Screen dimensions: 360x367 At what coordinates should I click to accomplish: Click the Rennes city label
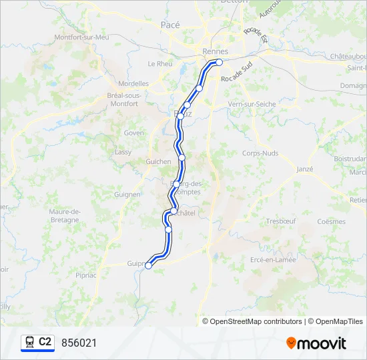pyautogui.click(x=215, y=51)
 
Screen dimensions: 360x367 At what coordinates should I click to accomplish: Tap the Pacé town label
pyautogui.click(x=170, y=24)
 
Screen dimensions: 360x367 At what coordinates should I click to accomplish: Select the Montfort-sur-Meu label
pyautogui.click(x=82, y=37)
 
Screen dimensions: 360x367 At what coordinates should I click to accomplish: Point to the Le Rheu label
pyautogui.click(x=159, y=64)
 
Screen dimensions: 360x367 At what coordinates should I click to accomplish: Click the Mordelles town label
pyautogui.click(x=133, y=84)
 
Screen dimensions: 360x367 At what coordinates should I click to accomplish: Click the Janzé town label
pyautogui.click(x=304, y=169)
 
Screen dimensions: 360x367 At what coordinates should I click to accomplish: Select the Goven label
pyautogui.click(x=133, y=133)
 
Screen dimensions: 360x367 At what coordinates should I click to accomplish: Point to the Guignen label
pyautogui.click(x=127, y=195)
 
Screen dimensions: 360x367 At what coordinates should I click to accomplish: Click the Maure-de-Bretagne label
pyautogui.click(x=65, y=215)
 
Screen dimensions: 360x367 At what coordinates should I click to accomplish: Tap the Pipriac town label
pyautogui.click(x=86, y=274)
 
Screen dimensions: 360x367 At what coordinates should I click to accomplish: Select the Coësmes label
pyautogui.click(x=332, y=221)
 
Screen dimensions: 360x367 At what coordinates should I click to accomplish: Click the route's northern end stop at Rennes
pyautogui.click(x=219, y=63)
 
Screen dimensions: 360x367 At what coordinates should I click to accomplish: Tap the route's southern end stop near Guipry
pyautogui.click(x=148, y=265)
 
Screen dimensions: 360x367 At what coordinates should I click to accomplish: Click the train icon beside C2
pyautogui.click(x=30, y=343)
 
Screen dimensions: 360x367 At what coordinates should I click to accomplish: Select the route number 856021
pyautogui.click(x=79, y=343)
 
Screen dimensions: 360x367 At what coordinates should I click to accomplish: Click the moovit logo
pyautogui.click(x=316, y=343)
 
